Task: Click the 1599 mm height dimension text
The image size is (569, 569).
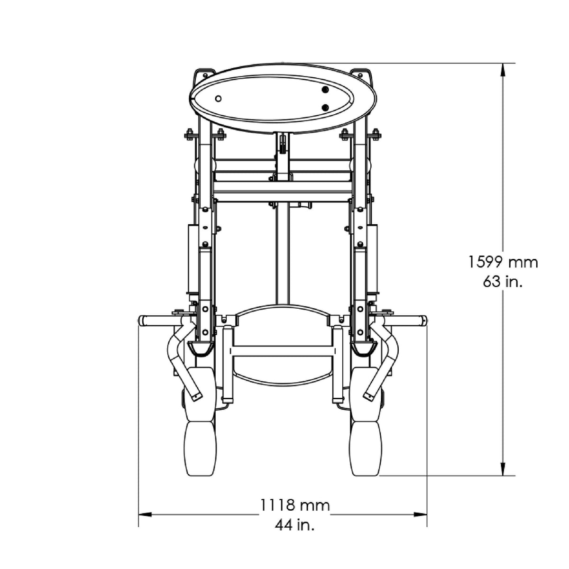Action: point(503,262)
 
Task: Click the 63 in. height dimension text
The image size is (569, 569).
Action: point(503,282)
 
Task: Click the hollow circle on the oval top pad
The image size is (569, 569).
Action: point(219,99)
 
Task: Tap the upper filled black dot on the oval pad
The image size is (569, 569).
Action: point(325,90)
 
